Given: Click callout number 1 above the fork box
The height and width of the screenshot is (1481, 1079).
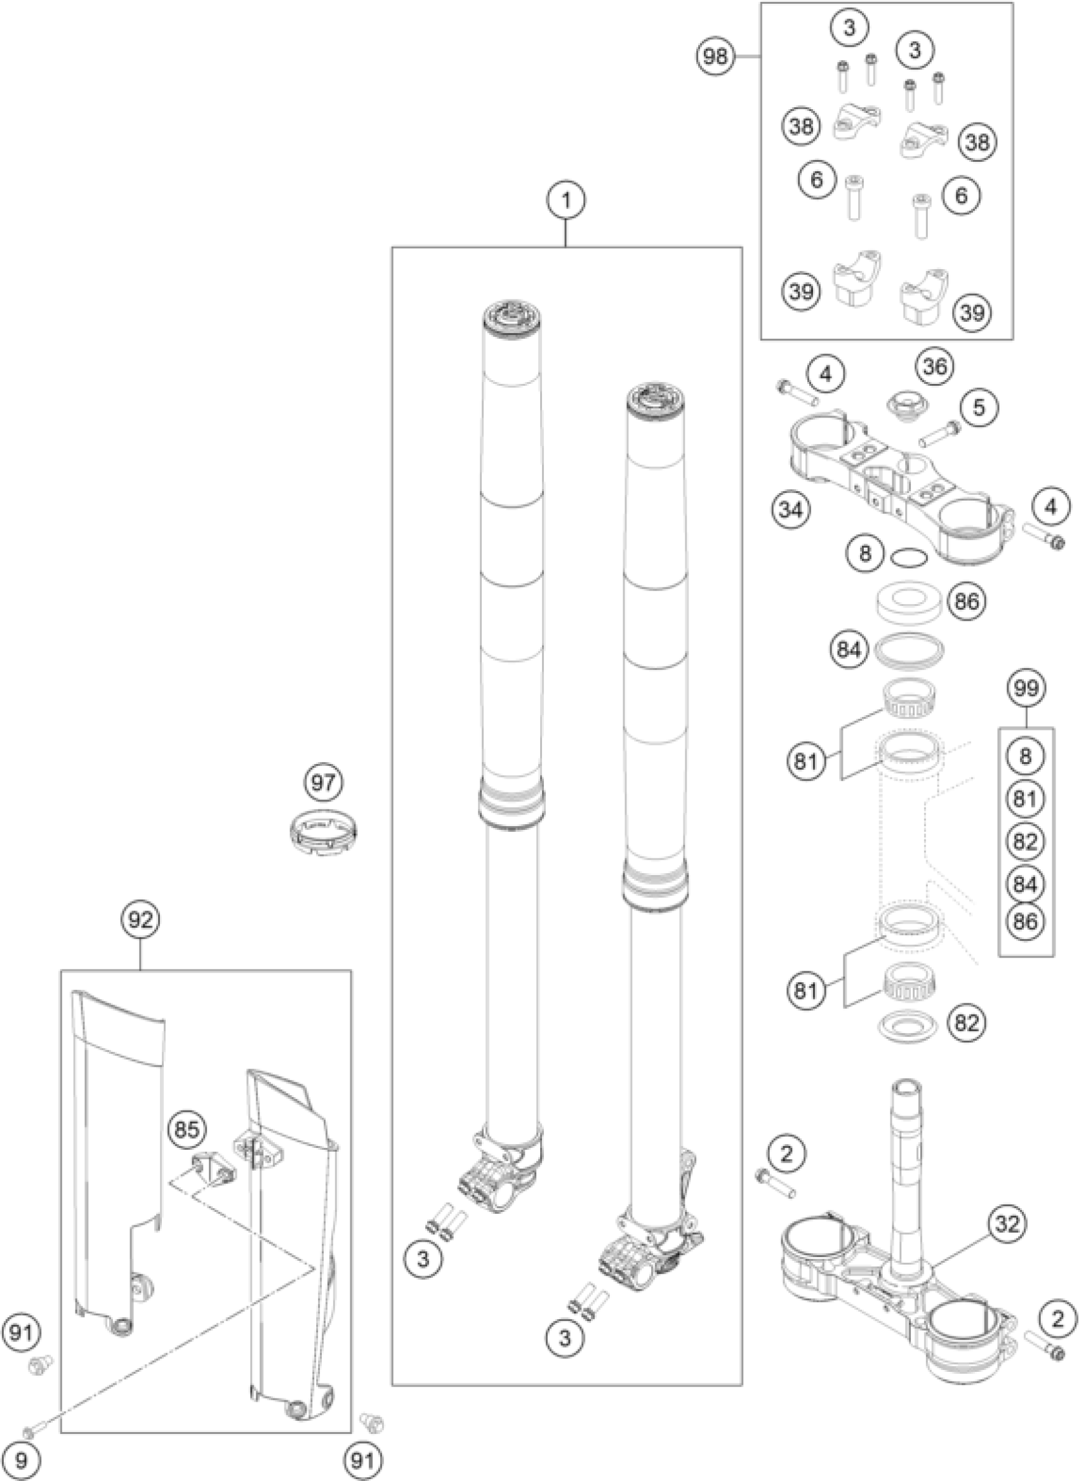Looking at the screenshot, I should tap(566, 201).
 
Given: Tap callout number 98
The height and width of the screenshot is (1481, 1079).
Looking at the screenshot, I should tap(715, 58).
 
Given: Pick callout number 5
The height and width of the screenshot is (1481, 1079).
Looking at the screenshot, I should tap(977, 407).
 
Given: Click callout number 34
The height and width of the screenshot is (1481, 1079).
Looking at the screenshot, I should tap(790, 509).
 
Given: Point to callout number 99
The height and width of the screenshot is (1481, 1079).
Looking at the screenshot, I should tap(1026, 687).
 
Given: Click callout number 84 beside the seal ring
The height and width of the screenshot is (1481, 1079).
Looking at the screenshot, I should tap(849, 650).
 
